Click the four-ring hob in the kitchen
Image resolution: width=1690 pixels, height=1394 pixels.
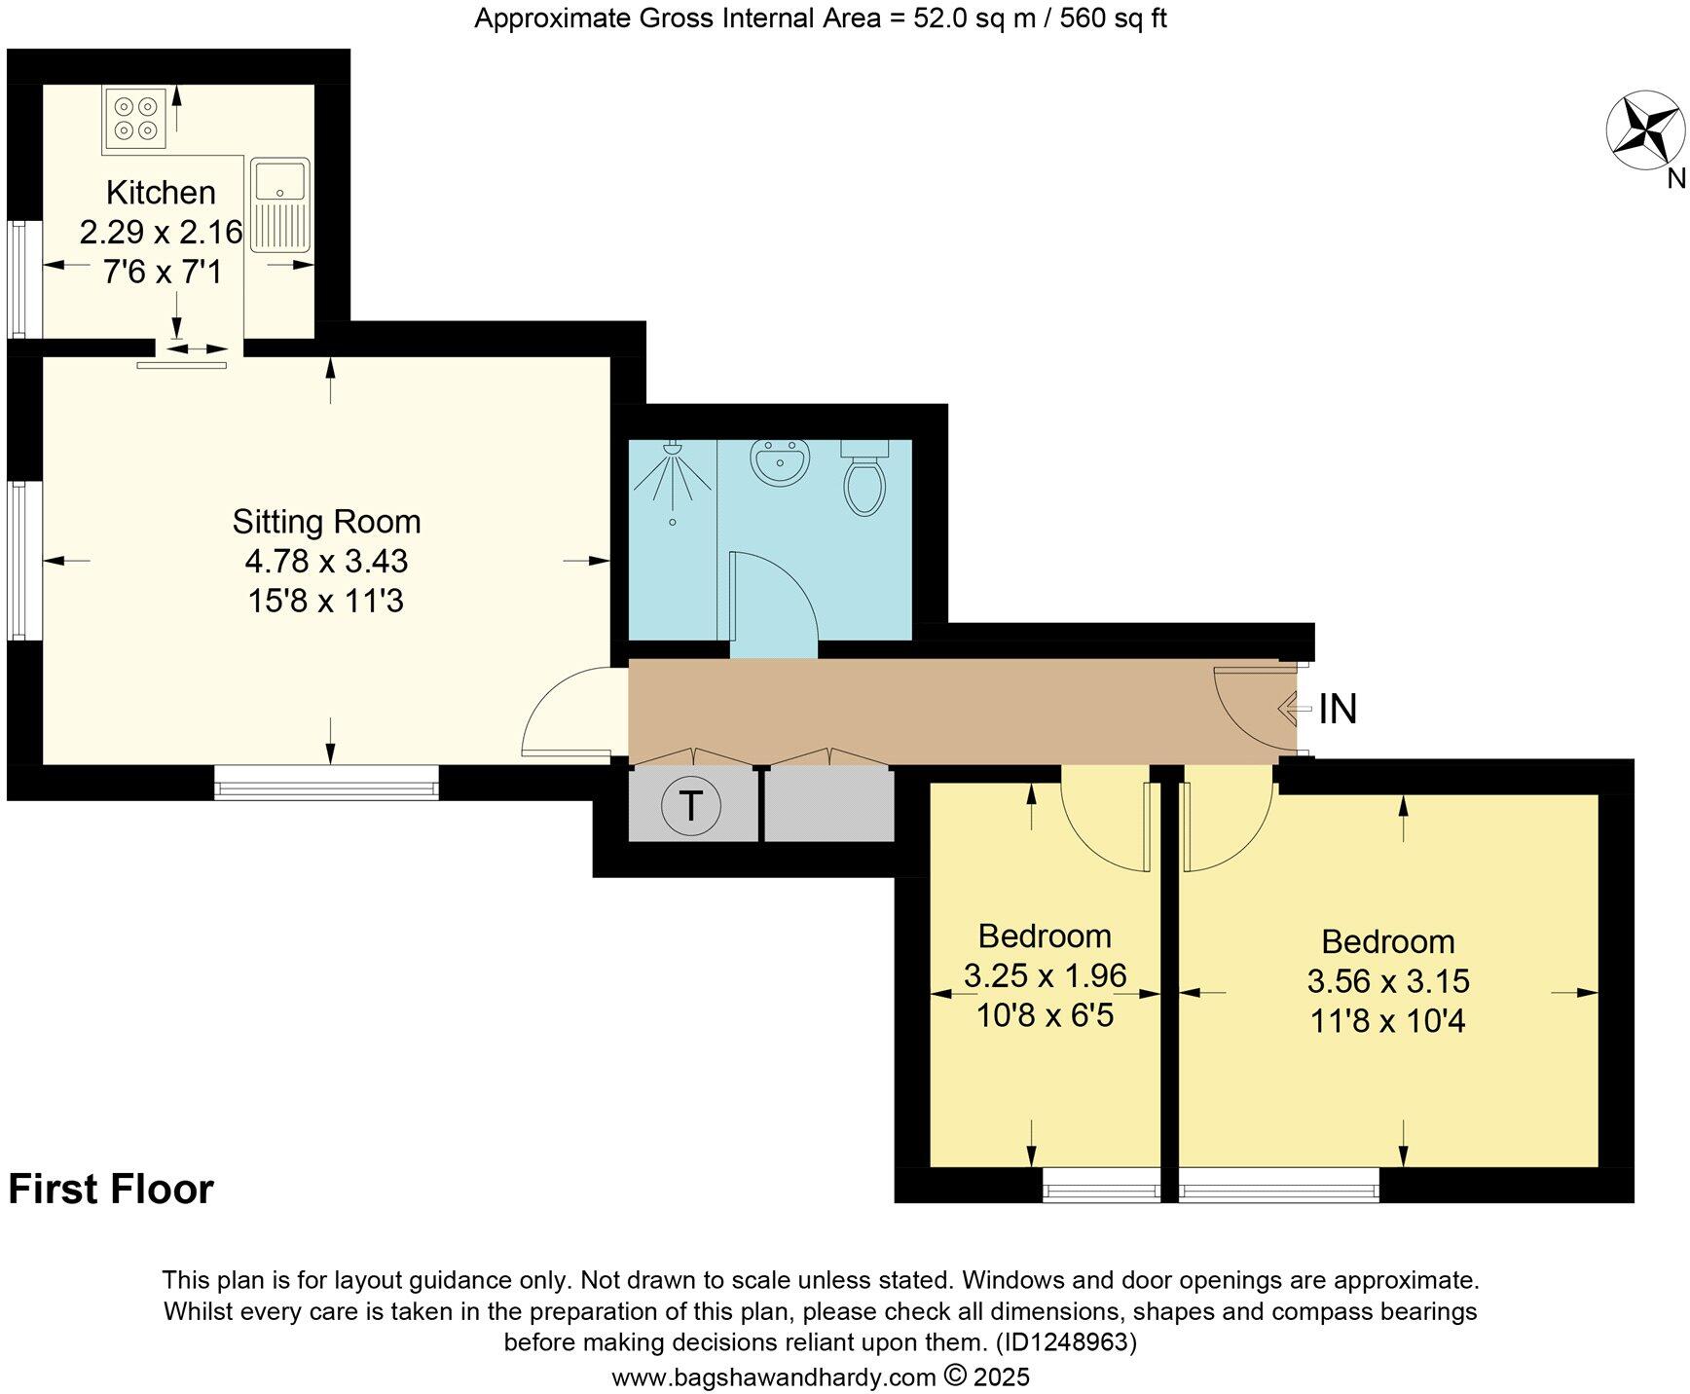pyautogui.click(x=135, y=118)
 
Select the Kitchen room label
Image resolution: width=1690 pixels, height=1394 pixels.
pyautogui.click(x=161, y=193)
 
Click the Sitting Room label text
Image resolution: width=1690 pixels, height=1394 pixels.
pyautogui.click(x=326, y=522)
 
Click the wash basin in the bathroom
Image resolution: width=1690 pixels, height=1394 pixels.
pyautogui.click(x=779, y=461)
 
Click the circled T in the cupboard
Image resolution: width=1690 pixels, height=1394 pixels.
pyautogui.click(x=690, y=805)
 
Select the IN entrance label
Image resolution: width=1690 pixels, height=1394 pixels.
pyautogui.click(x=1338, y=710)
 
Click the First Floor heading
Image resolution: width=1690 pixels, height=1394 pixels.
pyautogui.click(x=111, y=1190)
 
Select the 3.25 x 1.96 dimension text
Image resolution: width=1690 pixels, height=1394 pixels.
pyautogui.click(x=1045, y=975)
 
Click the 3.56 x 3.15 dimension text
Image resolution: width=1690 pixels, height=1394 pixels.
pyautogui.click(x=1388, y=981)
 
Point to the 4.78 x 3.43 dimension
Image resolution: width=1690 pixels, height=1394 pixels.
pyautogui.click(x=326, y=562)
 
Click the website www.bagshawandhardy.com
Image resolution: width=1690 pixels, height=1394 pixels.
pyautogui.click(x=773, y=1377)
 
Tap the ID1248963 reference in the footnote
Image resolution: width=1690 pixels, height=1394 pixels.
pyautogui.click(x=1065, y=1343)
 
